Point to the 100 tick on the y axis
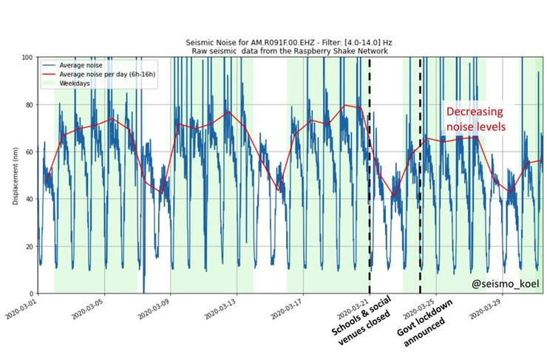pyautogui.click(x=27, y=58)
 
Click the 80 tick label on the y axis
pyautogui.click(x=29, y=105)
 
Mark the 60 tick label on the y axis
pyautogui.click(x=29, y=152)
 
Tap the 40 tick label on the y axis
pyautogui.click(x=29, y=200)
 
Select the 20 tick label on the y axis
pyautogui.click(x=29, y=247)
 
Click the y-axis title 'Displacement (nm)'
pyautogui.click(x=13, y=175)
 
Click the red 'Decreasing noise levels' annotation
pyautogui.click(x=475, y=119)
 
